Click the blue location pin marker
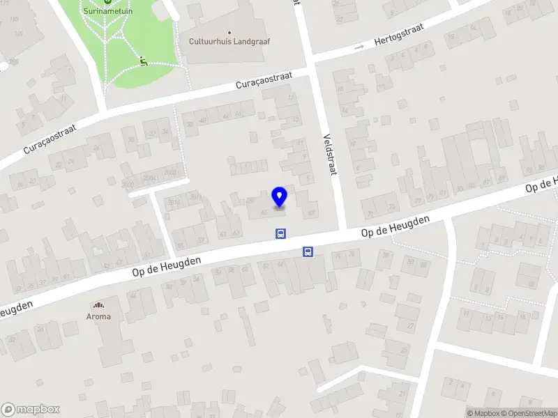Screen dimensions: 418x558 (x=280, y=197)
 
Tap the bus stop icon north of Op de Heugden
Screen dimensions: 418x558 (x=280, y=234)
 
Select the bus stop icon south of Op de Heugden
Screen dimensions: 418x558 (x=307, y=252)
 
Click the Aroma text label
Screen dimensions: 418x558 (x=98, y=316)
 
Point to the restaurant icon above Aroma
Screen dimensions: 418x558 (x=98, y=305)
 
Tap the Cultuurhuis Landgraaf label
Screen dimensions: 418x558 (x=229, y=41)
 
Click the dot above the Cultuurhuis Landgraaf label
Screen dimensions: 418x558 (x=229, y=32)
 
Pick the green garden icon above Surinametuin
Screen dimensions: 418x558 (x=107, y=2)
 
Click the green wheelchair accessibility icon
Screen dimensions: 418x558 (x=143, y=61)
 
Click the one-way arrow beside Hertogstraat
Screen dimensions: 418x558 (x=360, y=47)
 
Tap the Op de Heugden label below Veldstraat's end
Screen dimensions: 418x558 (x=395, y=227)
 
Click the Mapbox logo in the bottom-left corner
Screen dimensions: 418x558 (x=30, y=410)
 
